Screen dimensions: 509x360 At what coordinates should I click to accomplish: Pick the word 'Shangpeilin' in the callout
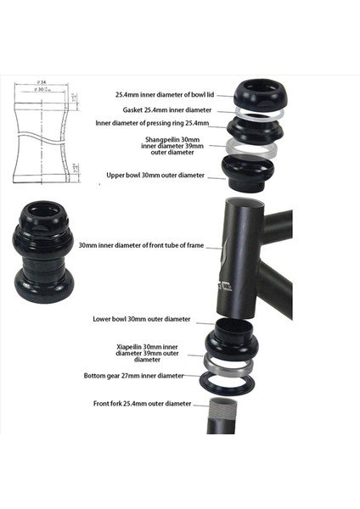161,138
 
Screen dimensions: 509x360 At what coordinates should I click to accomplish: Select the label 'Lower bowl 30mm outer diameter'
142,320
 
